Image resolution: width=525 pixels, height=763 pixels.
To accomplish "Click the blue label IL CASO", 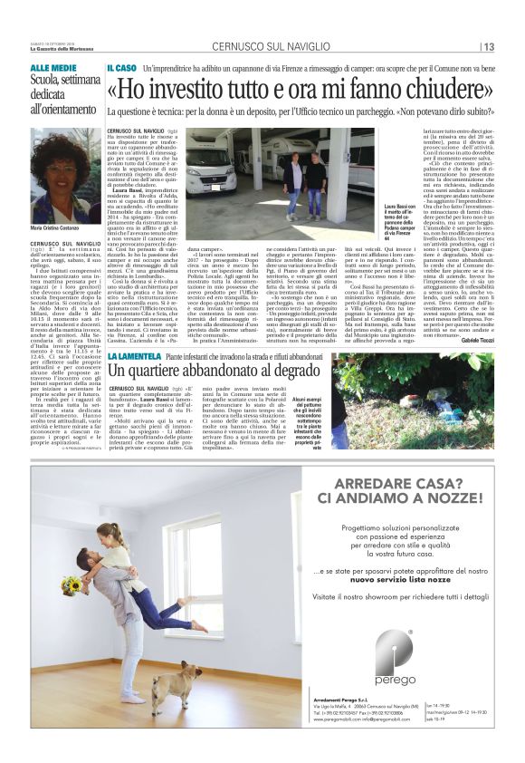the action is click(x=122, y=68).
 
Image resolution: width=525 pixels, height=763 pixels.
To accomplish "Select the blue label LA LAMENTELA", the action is click(x=135, y=356).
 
